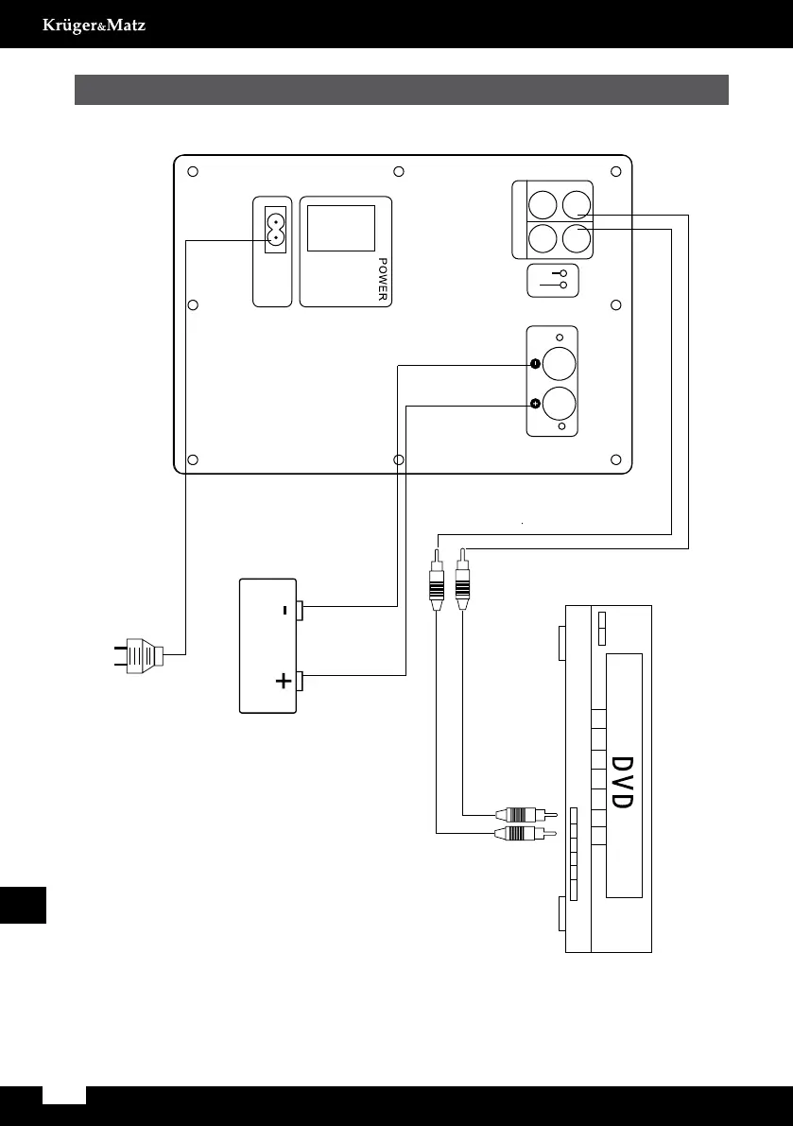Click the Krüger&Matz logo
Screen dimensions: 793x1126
[94, 25]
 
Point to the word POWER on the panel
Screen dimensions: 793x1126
[384, 279]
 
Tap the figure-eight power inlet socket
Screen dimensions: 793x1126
[275, 227]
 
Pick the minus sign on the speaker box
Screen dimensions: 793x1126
[284, 611]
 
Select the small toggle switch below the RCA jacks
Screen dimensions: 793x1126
[552, 279]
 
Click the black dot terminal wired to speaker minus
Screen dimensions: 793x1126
[535, 364]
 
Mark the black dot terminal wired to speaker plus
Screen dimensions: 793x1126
[535, 404]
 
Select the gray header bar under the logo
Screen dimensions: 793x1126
[401, 90]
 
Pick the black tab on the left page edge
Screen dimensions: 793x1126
[23, 905]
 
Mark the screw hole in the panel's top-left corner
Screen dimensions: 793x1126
[193, 172]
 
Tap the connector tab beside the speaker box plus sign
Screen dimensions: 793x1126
[300, 679]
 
